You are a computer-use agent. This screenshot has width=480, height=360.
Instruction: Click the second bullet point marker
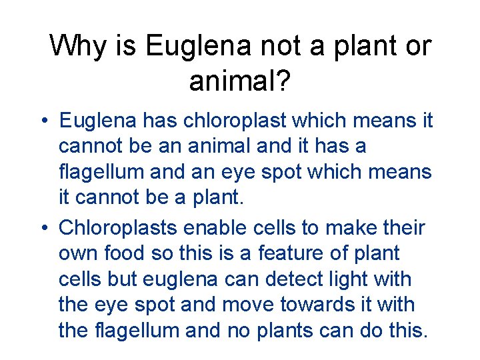coord(43,229)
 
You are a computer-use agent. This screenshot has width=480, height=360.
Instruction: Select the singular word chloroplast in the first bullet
coord(226,121)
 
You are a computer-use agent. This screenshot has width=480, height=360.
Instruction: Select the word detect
coord(313,279)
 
